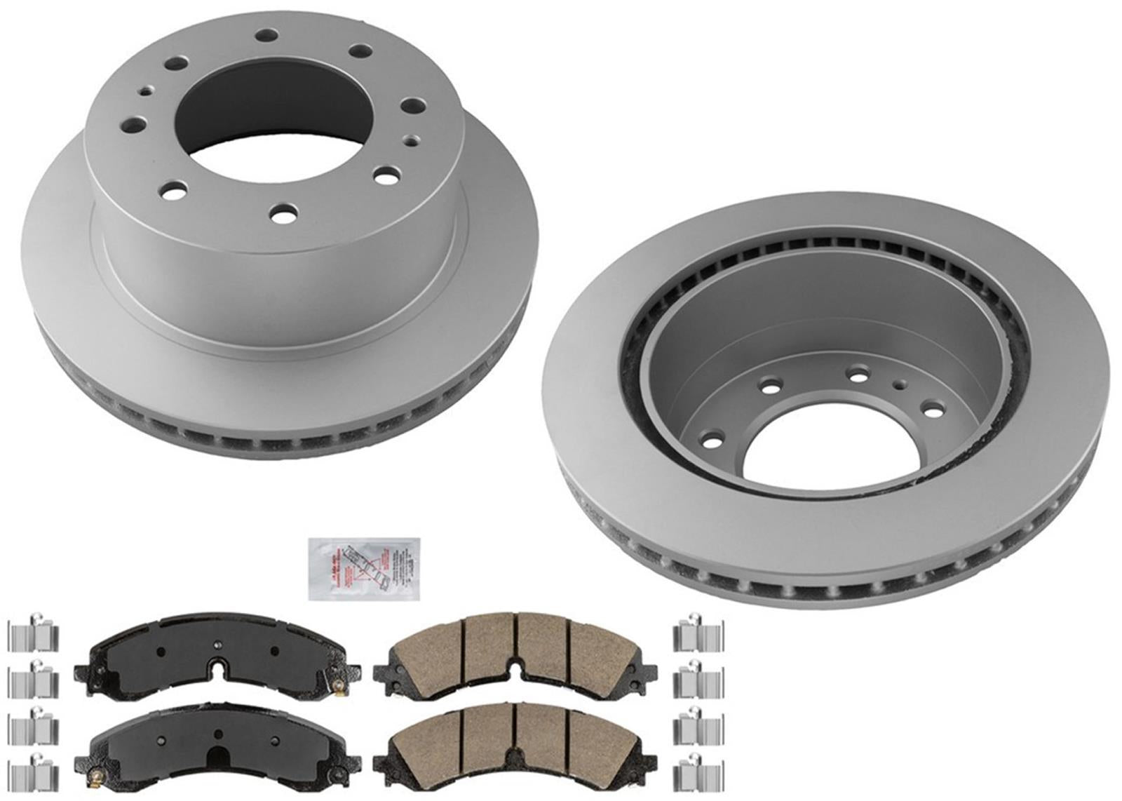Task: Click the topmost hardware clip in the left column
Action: [x=33, y=635]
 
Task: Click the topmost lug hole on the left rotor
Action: [x=265, y=34]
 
